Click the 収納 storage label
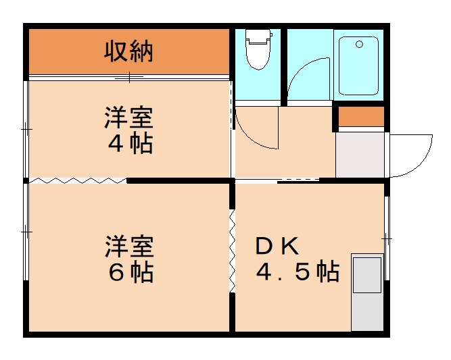point(128,51)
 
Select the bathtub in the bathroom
point(358,66)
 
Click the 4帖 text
point(128,144)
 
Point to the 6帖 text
point(128,272)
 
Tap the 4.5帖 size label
point(297,272)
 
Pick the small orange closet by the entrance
point(360,117)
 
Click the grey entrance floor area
point(360,155)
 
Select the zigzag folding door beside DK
point(232,250)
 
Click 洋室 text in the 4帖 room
point(128,119)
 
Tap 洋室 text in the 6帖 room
point(128,247)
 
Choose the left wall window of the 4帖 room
point(26,128)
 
